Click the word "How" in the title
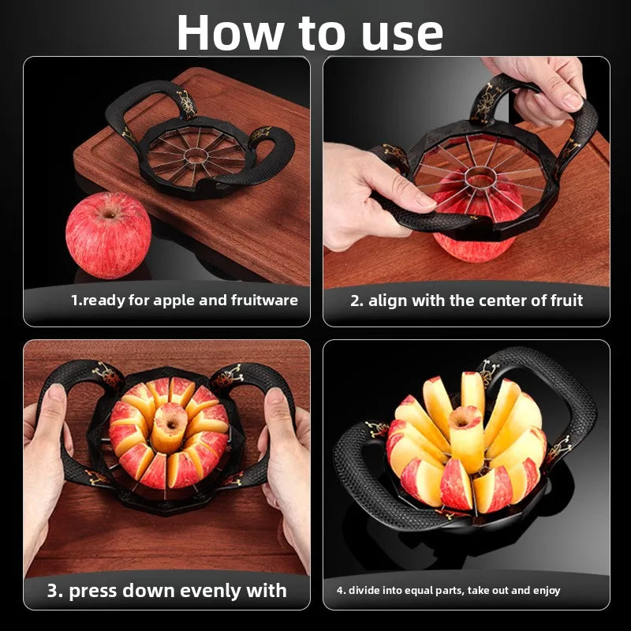230,33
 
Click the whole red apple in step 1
108,235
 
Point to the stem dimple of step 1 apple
110,214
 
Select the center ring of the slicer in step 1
196,155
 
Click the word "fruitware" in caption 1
264,301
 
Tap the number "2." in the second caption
357,301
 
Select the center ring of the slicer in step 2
480,177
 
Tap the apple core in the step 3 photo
170,428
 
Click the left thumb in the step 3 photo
55,406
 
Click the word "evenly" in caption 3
209,591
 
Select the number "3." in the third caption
54,591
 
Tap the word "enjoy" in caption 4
547,590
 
